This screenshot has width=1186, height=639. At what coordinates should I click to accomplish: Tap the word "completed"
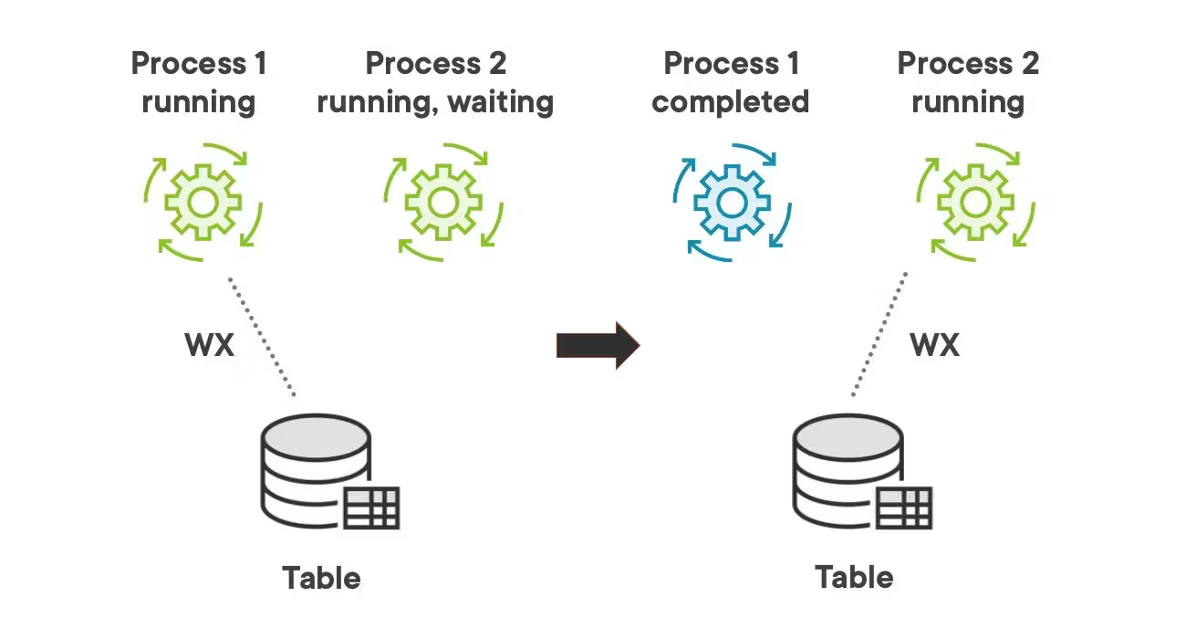pos(730,100)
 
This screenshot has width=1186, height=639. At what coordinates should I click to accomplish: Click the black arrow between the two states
pos(598,345)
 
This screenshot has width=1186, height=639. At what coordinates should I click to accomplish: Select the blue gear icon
pos(732,201)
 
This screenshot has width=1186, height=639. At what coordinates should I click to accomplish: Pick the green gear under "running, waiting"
pos(442,201)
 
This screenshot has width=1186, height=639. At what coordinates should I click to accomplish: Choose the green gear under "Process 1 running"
pos(203,201)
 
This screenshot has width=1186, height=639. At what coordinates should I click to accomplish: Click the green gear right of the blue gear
pos(975,201)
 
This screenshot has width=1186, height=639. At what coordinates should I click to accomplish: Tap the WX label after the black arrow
pos(934,345)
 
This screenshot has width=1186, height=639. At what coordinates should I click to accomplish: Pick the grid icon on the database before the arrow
pos(372,508)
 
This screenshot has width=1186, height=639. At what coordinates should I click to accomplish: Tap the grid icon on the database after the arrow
pos(904,508)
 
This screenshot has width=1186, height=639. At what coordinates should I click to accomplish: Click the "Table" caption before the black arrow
pos(321,578)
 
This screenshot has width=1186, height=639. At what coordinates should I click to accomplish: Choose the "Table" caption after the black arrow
pos(854,577)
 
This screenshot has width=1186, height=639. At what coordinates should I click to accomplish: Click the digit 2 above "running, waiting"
pos(496,64)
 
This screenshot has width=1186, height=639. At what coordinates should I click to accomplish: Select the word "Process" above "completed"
pos(717,64)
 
